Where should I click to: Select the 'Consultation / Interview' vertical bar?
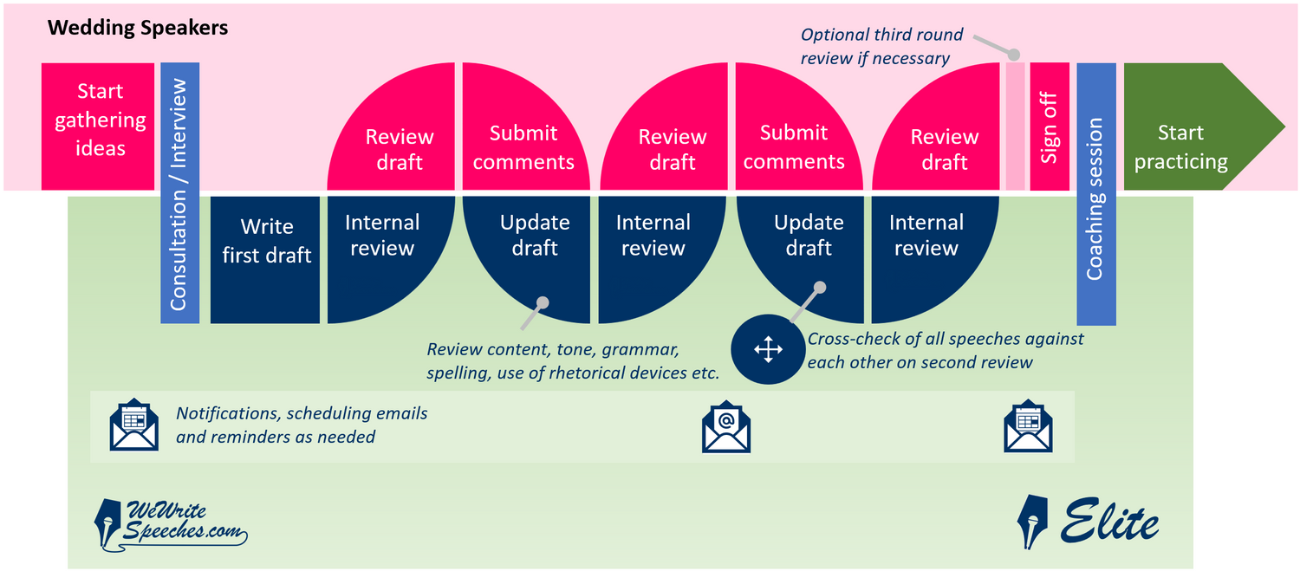180,192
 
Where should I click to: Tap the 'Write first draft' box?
264,259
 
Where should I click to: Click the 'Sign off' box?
1050,127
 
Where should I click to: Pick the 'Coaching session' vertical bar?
1096,194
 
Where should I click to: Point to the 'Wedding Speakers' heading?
138,27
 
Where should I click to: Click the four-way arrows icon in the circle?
768,349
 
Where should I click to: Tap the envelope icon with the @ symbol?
726,426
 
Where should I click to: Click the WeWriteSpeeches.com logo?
170,524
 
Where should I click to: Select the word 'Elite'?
1109,521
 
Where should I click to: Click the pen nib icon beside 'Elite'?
1032,521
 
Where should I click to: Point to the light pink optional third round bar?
1015,127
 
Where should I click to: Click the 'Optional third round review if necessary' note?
881,47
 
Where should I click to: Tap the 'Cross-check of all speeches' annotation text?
945,351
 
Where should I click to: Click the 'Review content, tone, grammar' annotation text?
573,361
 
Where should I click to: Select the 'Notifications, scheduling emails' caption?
302,425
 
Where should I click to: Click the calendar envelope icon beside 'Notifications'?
134,425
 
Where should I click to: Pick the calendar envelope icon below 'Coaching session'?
1028,426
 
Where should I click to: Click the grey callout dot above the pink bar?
1013,55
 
